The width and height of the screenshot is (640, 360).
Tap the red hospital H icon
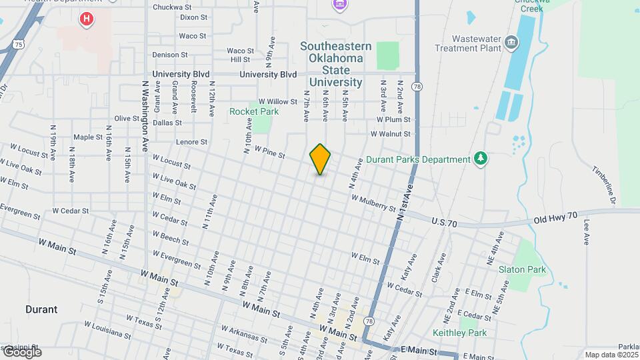86,19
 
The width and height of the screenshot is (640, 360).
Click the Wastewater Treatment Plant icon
511,43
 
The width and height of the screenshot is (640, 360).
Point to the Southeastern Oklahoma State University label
331,64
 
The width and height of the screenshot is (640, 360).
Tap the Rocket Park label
254,111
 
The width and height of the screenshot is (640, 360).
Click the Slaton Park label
522,270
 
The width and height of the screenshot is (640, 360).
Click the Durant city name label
41,309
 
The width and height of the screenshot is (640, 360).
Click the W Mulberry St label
374,203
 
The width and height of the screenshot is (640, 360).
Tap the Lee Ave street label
587,232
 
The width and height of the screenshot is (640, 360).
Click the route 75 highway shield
19,45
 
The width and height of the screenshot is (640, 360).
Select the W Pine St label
269,153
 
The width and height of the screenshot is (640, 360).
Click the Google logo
21,352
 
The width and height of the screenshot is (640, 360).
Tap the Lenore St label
192,142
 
